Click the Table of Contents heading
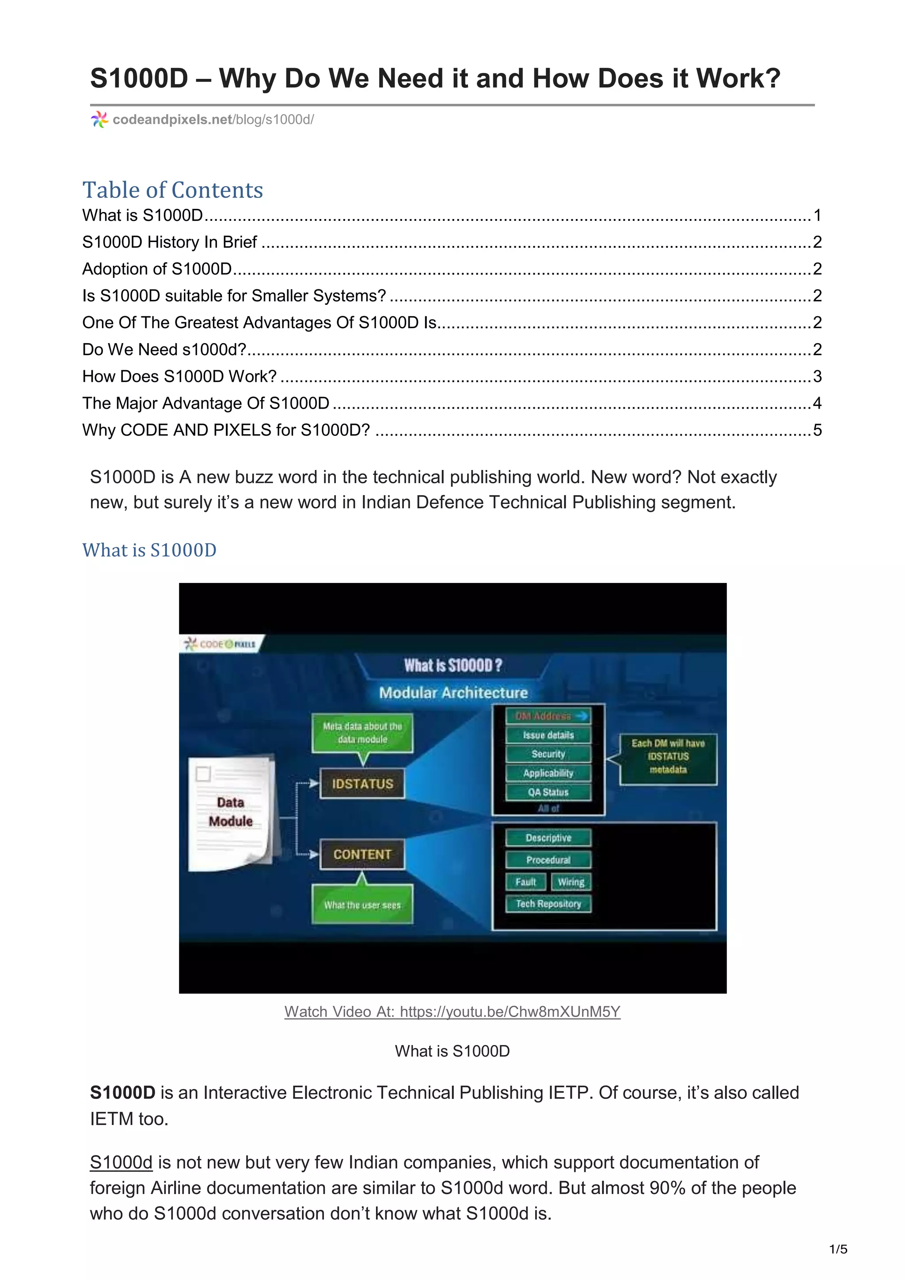pyautogui.click(x=172, y=190)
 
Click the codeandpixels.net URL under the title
pyautogui.click(x=213, y=119)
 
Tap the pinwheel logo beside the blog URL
pyautogui.click(x=99, y=119)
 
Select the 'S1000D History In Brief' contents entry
pyautogui.click(x=170, y=242)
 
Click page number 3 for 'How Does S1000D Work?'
pyautogui.click(x=817, y=376)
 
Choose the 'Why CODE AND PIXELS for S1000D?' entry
pyautogui.click(x=226, y=430)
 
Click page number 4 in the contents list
pyautogui.click(x=817, y=403)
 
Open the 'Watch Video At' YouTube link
pyautogui.click(x=452, y=1011)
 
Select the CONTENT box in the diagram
pyautogui.click(x=362, y=854)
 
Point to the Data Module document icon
pyautogui.click(x=231, y=812)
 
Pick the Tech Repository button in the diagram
pyautogui.click(x=548, y=904)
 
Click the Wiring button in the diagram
pyautogui.click(x=571, y=882)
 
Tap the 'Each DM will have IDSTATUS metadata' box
pyautogui.click(x=668, y=757)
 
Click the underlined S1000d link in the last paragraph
pyautogui.click(x=121, y=1163)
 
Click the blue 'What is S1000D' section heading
pyautogui.click(x=149, y=550)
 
